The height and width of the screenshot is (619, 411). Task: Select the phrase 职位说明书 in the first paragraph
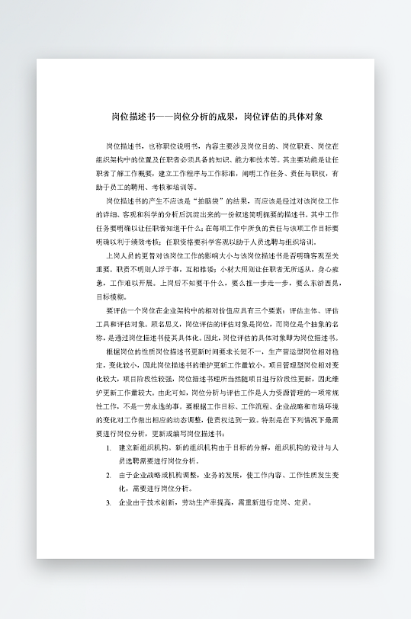coord(173,145)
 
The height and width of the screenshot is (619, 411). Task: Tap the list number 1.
coord(108,447)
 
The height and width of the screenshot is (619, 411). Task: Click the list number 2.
coord(108,475)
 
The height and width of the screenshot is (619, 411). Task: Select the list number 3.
coord(108,503)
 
